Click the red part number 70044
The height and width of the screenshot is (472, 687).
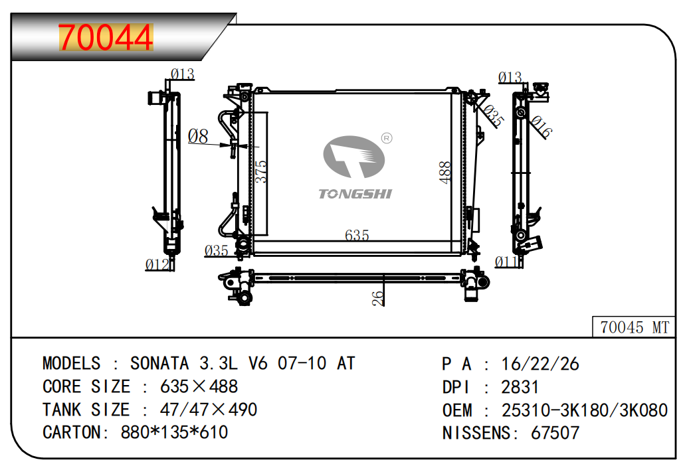106,37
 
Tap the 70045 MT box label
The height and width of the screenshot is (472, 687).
634,327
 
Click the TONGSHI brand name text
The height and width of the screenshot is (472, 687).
355,194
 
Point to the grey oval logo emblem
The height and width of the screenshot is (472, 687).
353,157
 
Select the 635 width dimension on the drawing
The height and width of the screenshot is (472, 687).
357,236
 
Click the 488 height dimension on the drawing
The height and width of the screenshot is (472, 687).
444,173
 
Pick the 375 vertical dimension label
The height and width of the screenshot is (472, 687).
260,171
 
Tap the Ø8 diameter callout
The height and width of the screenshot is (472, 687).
198,136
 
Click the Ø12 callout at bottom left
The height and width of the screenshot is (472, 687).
157,264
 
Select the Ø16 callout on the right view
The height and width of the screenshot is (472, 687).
541,126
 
